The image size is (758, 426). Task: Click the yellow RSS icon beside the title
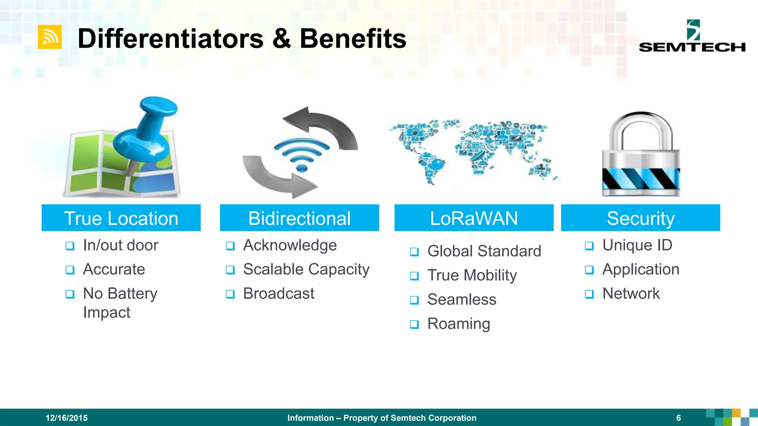50,37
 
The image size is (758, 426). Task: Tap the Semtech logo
692,37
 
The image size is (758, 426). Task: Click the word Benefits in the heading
353,39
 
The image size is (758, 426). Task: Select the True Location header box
121,218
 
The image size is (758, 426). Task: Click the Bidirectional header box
299,218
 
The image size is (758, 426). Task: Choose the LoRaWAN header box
474,218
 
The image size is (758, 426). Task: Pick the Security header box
640,218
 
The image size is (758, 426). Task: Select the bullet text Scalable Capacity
306,269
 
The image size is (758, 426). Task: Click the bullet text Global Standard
484,251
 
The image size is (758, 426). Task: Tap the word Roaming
459,324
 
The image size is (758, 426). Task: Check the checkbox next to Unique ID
589,246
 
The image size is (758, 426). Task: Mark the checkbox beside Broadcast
230,294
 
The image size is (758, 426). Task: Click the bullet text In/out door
121,245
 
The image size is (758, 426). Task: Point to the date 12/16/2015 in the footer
67,418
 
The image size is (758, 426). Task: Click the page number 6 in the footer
678,418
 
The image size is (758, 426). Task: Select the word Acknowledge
290,245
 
